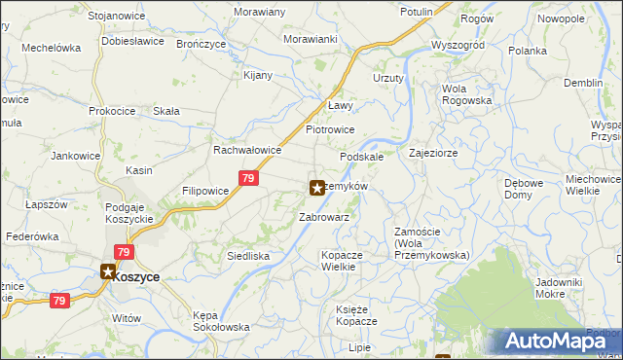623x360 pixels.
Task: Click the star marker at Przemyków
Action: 317,187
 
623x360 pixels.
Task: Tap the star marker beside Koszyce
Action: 107,274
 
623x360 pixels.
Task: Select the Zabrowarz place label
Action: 324,217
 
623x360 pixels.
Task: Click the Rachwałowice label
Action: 247,151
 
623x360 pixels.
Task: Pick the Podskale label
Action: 361,157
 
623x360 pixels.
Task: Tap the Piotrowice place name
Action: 330,129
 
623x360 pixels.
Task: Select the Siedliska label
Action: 247,256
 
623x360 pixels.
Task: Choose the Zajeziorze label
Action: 433,153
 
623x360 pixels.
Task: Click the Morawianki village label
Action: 310,39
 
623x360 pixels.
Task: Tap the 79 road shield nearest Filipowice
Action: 248,178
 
